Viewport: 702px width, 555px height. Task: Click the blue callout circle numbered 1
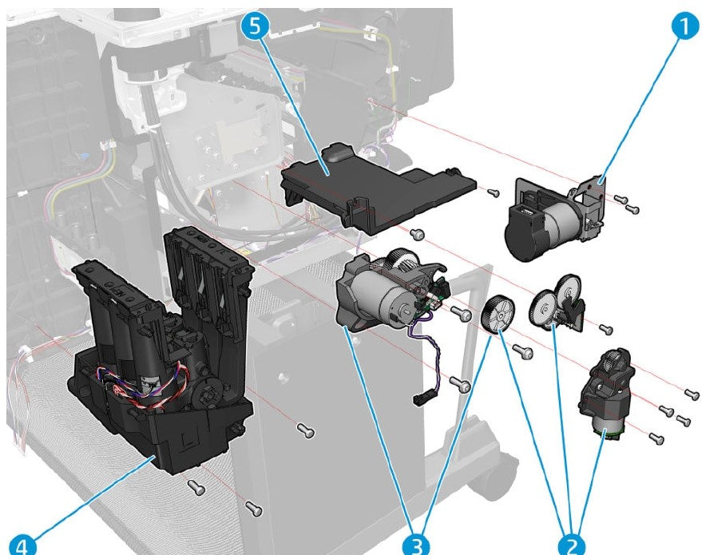coord(680,28)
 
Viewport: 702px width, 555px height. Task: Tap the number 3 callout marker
coord(414,545)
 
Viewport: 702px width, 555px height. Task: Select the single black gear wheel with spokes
coord(499,312)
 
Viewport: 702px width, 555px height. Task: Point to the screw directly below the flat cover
coord(415,233)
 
